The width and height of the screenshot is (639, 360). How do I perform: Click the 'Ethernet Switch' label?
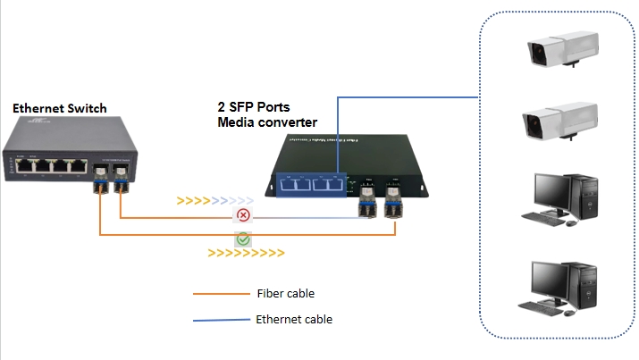59,108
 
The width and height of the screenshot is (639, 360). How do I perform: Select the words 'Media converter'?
267,121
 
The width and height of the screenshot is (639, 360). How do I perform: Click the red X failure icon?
242,217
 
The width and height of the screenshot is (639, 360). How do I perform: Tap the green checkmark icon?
242,239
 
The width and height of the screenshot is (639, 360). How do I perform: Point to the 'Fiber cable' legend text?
285,293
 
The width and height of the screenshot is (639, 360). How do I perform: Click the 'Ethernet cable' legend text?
294,318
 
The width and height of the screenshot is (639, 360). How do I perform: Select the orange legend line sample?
220,293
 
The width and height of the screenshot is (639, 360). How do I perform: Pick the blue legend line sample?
220,319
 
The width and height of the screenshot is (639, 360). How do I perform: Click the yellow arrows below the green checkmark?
246,254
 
